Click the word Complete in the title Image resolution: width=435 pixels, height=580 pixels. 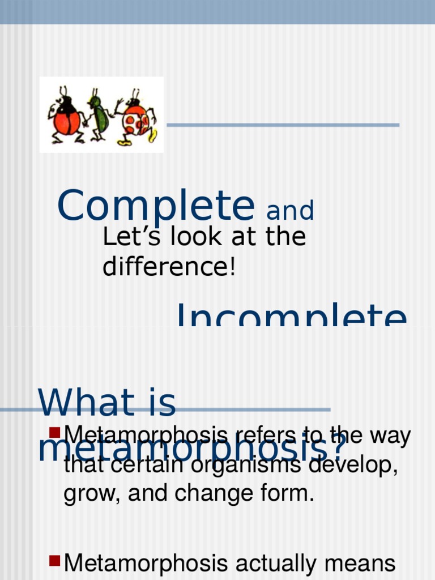[156, 206]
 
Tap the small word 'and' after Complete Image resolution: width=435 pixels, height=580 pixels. [290, 211]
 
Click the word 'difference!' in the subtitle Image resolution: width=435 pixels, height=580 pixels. [168, 267]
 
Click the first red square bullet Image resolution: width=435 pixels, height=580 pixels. [55, 433]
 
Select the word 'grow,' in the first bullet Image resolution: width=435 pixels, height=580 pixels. [92, 493]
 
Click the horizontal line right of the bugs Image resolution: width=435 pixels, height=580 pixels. [283, 125]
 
